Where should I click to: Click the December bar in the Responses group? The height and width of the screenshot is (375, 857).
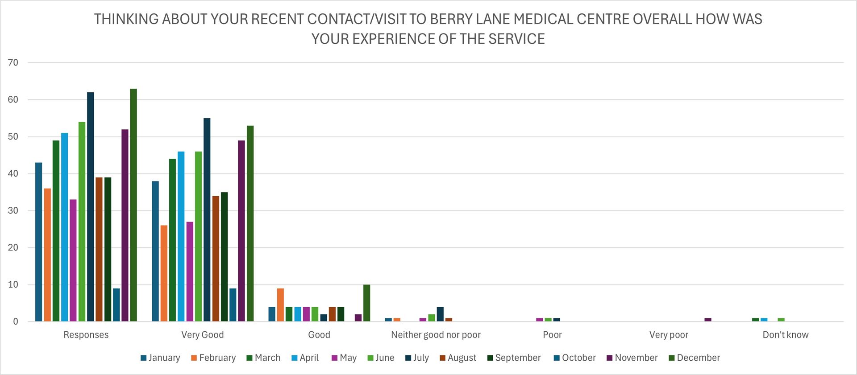tap(133, 205)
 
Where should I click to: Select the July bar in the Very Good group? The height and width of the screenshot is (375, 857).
tap(207, 220)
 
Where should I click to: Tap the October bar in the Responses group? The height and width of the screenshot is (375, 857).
tap(116, 305)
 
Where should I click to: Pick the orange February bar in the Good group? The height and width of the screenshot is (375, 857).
tap(280, 305)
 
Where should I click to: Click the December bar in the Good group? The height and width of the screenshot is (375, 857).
tap(366, 303)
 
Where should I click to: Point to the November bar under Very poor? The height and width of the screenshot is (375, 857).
tap(708, 319)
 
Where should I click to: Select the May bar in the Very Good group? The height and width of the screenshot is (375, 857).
tap(190, 272)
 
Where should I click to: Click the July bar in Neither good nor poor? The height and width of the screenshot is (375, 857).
tap(440, 314)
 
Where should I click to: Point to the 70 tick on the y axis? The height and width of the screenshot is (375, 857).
tap(13, 63)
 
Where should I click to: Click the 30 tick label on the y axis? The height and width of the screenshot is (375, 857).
tap(13, 210)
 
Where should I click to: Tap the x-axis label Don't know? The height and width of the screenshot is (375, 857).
tap(785, 335)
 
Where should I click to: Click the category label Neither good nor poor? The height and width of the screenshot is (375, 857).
tap(436, 335)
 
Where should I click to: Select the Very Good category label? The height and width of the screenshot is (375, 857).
tap(202, 335)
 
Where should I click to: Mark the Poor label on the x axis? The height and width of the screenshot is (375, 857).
tap(552, 335)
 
